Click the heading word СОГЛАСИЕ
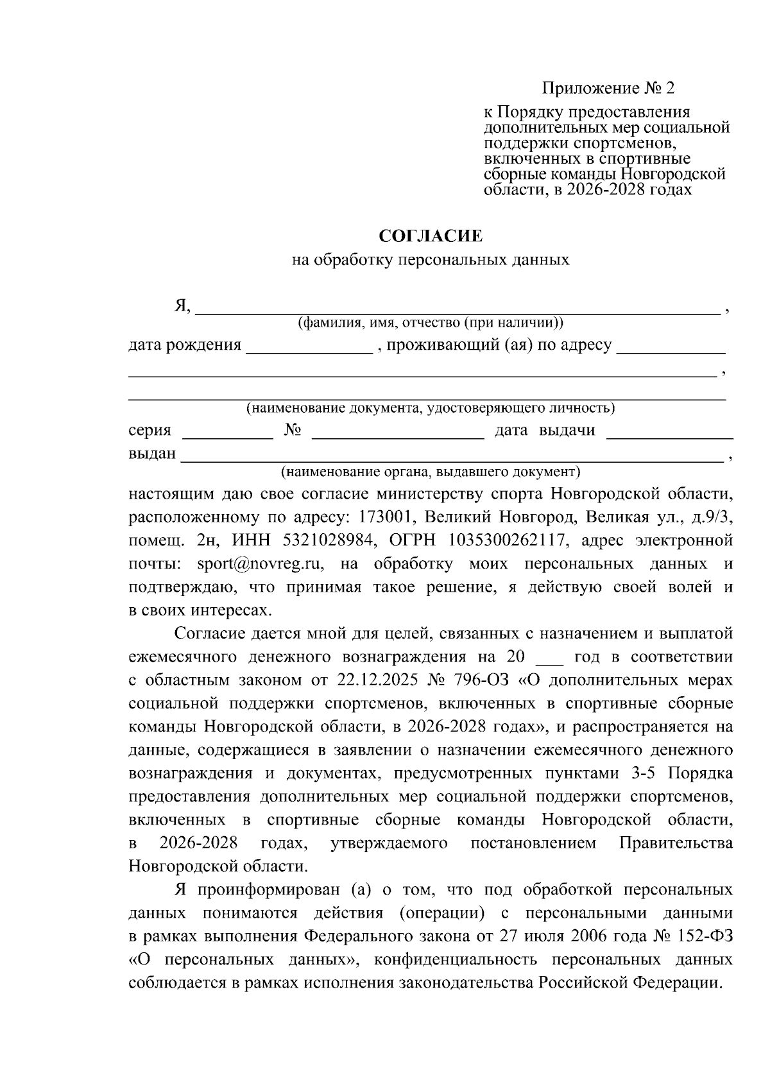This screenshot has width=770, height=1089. tap(430, 236)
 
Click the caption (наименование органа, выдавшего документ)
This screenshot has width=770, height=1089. tap(430, 472)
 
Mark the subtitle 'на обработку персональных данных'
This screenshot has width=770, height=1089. tap(430, 261)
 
